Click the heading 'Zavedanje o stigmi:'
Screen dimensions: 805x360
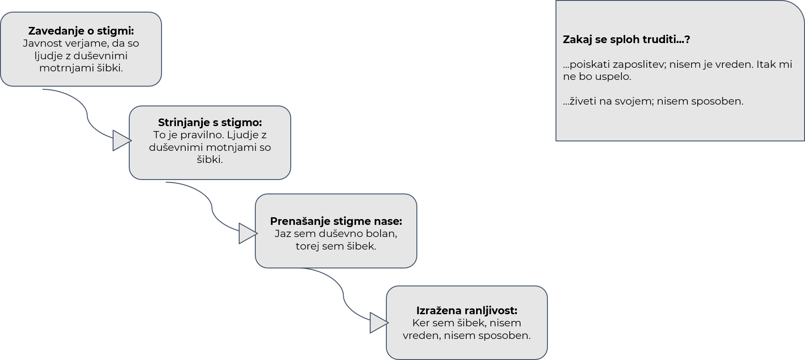81,31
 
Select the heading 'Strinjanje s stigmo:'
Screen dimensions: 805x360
210,123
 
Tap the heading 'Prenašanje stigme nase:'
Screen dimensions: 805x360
336,221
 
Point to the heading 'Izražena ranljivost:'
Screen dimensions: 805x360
467,311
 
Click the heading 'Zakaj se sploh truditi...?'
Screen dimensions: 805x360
626,40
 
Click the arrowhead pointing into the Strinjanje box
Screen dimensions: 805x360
122,140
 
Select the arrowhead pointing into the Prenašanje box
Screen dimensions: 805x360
248,233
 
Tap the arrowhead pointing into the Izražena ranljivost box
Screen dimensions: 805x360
379,323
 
